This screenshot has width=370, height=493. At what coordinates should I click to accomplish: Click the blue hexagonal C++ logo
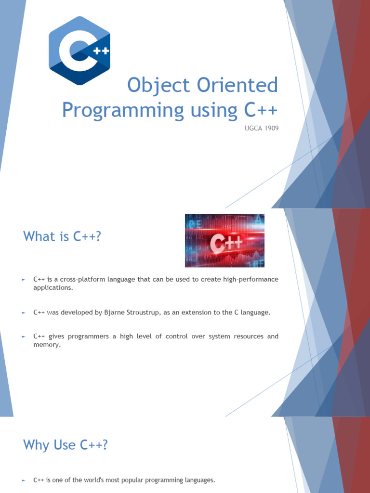click(x=79, y=50)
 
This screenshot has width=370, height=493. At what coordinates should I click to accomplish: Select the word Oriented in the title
click(x=238, y=85)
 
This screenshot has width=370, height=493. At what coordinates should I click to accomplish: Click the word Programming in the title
click(x=123, y=110)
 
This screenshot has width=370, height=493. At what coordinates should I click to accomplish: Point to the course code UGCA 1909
click(x=262, y=128)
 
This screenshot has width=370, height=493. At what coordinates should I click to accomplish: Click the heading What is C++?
click(x=62, y=236)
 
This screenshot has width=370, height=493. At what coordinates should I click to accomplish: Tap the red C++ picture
click(x=225, y=241)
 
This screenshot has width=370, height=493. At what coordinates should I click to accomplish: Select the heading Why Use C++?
click(x=66, y=445)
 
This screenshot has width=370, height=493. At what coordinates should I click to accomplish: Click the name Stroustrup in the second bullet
click(x=143, y=313)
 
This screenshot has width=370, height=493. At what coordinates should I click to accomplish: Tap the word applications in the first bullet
click(x=53, y=288)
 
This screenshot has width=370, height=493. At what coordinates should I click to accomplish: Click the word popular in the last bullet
click(x=132, y=480)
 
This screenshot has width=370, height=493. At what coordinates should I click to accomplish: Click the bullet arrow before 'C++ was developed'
click(x=24, y=313)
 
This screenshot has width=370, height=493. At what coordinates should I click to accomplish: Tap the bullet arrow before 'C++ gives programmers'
click(x=24, y=337)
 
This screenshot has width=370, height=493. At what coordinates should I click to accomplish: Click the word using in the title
click(x=214, y=111)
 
